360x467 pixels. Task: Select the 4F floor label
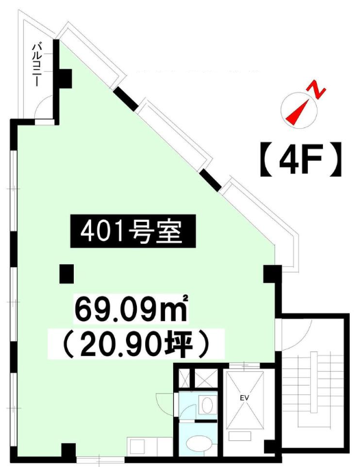(300, 160)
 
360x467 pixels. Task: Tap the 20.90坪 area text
(136, 344)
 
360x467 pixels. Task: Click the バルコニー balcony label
(37, 65)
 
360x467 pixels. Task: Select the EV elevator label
(245, 398)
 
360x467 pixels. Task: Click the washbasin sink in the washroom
(206, 405)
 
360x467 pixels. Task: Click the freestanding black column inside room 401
(66, 274)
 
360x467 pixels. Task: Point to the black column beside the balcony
(64, 78)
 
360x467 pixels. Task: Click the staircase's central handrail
(314, 383)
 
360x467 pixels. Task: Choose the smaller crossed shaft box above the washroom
(185, 378)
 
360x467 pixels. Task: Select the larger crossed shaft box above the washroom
(205, 378)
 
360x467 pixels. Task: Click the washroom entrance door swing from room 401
(164, 401)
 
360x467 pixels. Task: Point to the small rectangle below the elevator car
(240, 436)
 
